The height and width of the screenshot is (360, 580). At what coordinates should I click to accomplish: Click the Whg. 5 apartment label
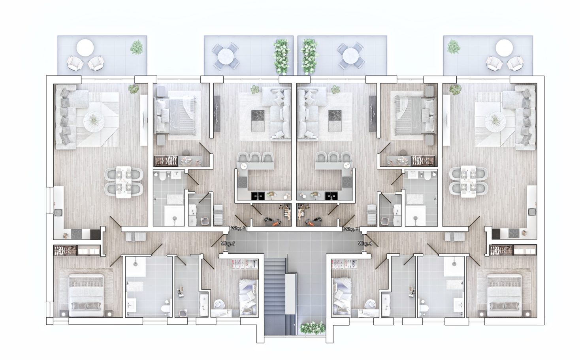click(x=228, y=243)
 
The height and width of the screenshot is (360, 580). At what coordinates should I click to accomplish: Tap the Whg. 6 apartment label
click(x=238, y=228)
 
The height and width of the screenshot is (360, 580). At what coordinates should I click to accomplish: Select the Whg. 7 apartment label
click(x=351, y=229)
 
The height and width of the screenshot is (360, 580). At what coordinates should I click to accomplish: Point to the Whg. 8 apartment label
click(x=365, y=243)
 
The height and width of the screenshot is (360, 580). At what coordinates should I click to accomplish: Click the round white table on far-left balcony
click(x=85, y=48)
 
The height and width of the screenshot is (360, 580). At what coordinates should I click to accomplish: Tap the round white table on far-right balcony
click(x=504, y=48)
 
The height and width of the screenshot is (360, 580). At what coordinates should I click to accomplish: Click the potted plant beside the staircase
click(x=313, y=328)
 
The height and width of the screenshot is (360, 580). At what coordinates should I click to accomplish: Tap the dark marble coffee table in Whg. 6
click(x=258, y=121)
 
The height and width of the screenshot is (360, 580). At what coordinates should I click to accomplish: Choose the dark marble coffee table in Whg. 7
click(x=335, y=121)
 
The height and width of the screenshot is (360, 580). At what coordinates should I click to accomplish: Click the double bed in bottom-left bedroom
click(x=86, y=296)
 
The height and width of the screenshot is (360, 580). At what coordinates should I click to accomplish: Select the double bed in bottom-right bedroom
click(x=505, y=296)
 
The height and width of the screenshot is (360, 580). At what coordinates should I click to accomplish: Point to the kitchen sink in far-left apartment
click(x=58, y=213)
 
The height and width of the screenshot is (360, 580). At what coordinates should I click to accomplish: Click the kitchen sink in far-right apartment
click(x=532, y=212)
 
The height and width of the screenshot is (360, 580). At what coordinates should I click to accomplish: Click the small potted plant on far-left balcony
click(x=136, y=47)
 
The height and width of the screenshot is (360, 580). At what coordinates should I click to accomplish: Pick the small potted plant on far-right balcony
click(x=454, y=47)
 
